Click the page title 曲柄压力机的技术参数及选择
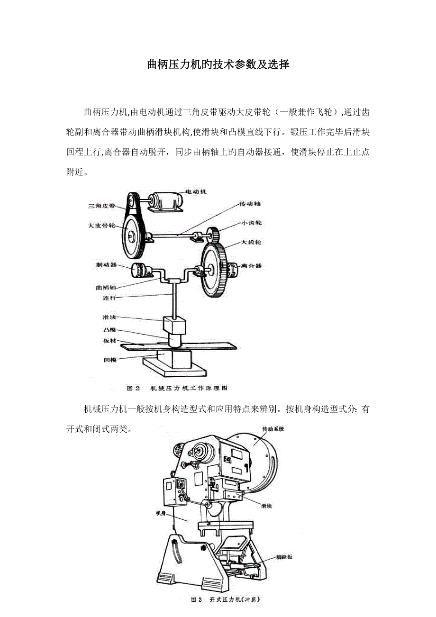pyautogui.click(x=218, y=64)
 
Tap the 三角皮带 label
pyautogui.click(x=101, y=206)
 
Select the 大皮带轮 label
pyautogui.click(x=101, y=226)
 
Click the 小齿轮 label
pyautogui.click(x=251, y=222)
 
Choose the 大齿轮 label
pyautogui.click(x=251, y=242)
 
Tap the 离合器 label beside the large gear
pyautogui.click(x=251, y=266)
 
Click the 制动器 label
pyautogui.click(x=106, y=265)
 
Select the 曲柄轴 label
pyautogui.click(x=106, y=287)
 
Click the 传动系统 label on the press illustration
pyautogui.click(x=273, y=429)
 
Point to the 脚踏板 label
pyautogui.click(x=284, y=557)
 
